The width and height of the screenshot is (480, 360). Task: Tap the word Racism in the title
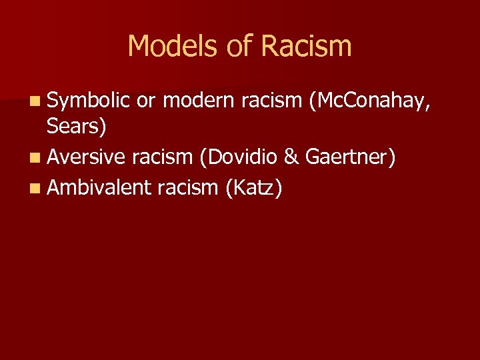point(306,47)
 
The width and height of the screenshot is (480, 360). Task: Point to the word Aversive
point(86,157)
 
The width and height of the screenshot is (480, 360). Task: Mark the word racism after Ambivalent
point(188,188)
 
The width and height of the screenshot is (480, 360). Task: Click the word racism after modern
point(272,101)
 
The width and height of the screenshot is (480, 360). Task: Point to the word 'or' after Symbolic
point(147,101)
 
